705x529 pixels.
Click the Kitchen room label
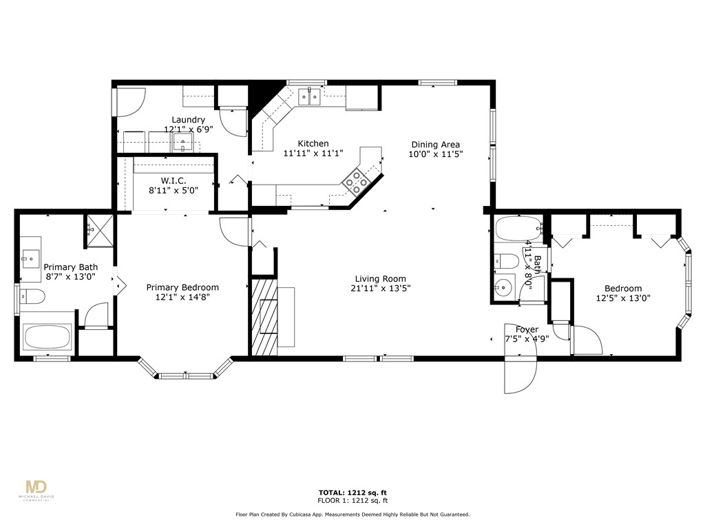[x=313, y=143]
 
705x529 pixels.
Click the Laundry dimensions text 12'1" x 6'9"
[x=188, y=129]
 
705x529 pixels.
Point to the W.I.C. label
[x=173, y=180]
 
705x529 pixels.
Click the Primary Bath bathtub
[x=46, y=338]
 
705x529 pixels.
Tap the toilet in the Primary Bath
[x=33, y=297]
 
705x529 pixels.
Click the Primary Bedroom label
[x=182, y=287]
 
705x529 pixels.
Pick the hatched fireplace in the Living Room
[x=262, y=316]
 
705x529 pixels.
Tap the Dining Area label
[x=435, y=145]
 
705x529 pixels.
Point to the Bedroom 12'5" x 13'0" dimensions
[x=623, y=298]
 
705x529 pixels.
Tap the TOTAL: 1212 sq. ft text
[x=352, y=492]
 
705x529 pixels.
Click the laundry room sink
[x=183, y=143]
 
